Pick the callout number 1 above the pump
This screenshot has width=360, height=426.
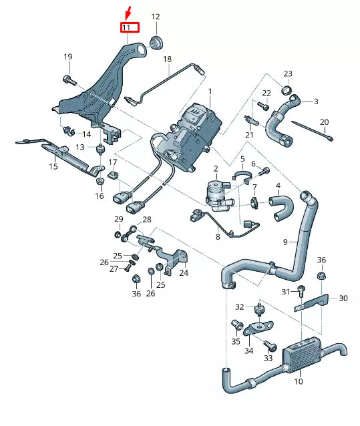click(209, 91)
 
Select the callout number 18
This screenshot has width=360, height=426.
click(167, 59)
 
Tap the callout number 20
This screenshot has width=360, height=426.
click(325, 122)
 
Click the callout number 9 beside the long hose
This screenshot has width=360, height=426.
click(285, 241)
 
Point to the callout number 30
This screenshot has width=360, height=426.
click(343, 298)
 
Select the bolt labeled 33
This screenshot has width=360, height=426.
click(271, 345)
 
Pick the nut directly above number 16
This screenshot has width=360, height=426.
click(99, 182)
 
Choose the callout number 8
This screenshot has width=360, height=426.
click(218, 236)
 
